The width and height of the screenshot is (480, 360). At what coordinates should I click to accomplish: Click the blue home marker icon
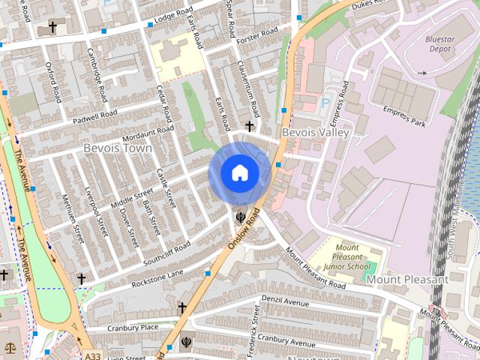coord(239,173)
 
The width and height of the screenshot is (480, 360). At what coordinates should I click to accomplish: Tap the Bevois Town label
coord(118,148)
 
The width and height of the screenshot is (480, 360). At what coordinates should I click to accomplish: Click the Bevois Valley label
coord(316,133)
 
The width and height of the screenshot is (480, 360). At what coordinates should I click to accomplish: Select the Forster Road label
coord(258,35)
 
